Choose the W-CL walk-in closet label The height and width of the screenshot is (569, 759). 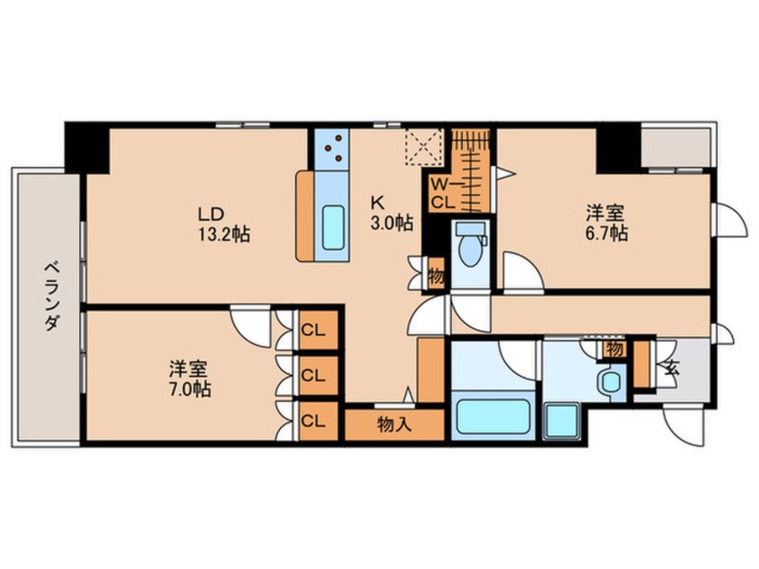(442, 192)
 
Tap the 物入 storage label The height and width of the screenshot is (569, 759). (395, 424)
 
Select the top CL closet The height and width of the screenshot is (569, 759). (312, 329)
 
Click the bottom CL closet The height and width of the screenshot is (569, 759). (312, 419)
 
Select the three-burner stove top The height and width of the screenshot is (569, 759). (334, 149)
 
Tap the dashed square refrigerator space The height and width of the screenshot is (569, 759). (423, 147)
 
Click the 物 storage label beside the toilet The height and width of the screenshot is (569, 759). (436, 273)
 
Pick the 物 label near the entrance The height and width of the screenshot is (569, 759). (615, 347)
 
